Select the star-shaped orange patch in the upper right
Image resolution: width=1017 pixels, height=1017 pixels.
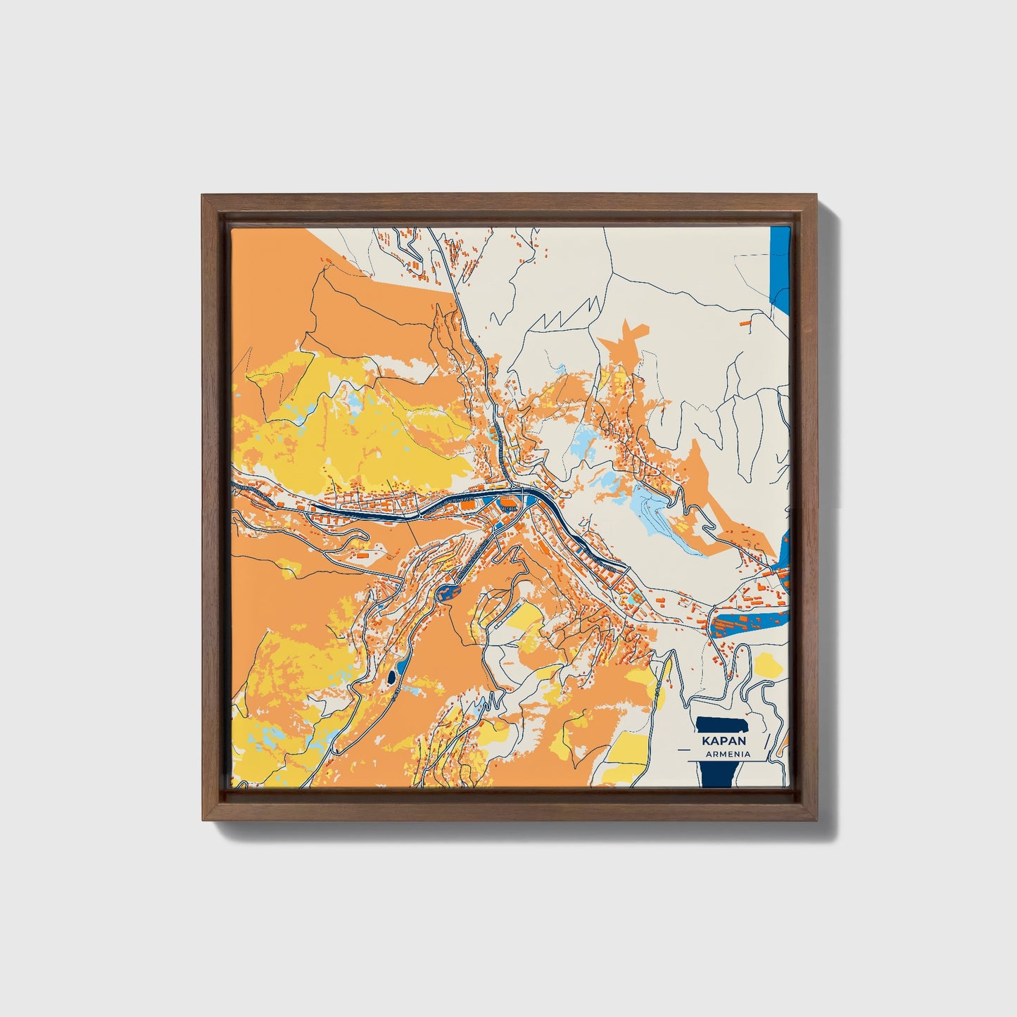pyautogui.click(x=623, y=341)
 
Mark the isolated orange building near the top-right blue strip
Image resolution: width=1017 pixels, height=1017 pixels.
pyautogui.click(x=745, y=322)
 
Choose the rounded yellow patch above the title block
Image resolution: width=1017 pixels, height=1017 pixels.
pyautogui.click(x=769, y=664)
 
